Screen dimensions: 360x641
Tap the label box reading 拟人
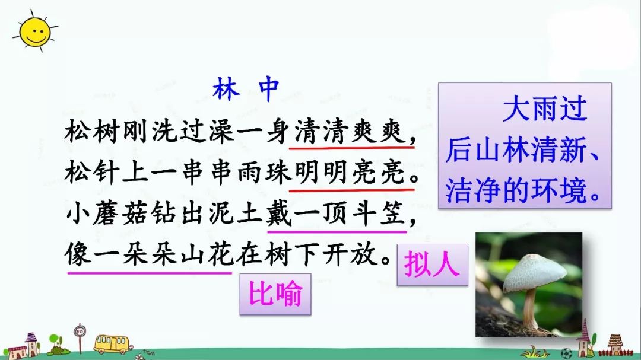(432, 264)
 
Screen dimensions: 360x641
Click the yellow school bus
(110, 343)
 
